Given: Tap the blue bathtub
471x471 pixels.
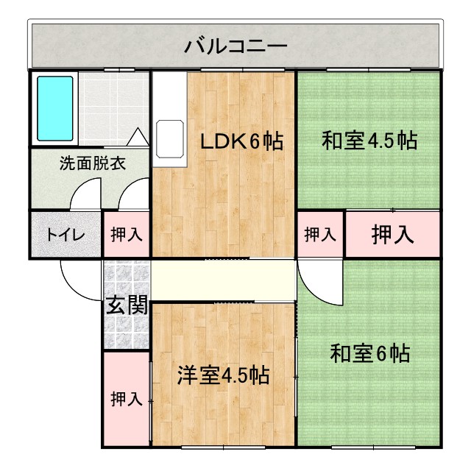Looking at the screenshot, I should pyautogui.click(x=55, y=109).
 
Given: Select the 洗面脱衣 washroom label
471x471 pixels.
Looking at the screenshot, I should pyautogui.click(x=92, y=163).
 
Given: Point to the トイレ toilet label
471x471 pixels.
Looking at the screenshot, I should pyautogui.click(x=65, y=235).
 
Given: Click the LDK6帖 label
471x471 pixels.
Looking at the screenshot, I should pyautogui.click(x=243, y=141).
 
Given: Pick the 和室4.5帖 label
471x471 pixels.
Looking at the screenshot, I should pyautogui.click(x=369, y=141).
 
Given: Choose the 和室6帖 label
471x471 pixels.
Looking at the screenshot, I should pyautogui.click(x=369, y=354).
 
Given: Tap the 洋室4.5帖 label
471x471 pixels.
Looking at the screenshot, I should pyautogui.click(x=222, y=375).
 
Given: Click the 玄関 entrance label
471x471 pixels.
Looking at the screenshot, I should pyautogui.click(x=126, y=305).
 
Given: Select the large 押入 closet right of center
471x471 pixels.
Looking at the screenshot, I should pyautogui.click(x=392, y=235).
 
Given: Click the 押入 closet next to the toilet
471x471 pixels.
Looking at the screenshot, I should pyautogui.click(x=127, y=235).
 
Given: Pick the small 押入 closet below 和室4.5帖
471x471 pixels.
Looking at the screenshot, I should pyautogui.click(x=320, y=235).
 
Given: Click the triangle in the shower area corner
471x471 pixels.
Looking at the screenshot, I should pyautogui.click(x=138, y=137).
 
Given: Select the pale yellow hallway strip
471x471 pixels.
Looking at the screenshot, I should pyautogui.click(x=224, y=279).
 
